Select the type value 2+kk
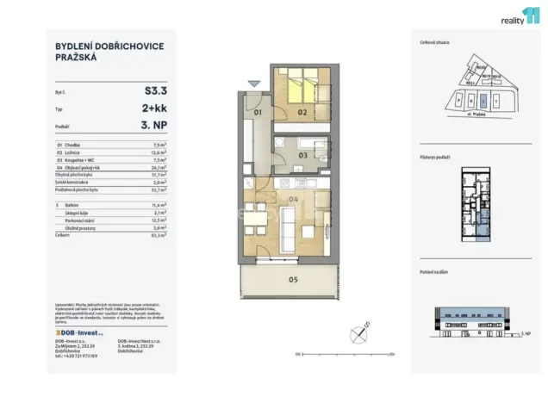click(155, 110)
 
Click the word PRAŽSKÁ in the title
click(73, 59)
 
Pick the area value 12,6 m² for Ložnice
click(158, 153)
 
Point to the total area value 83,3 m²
click(158, 233)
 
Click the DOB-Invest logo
click(79, 331)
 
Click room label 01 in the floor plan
click(257, 112)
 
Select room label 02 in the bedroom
click(302, 112)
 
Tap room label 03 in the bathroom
click(302, 155)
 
